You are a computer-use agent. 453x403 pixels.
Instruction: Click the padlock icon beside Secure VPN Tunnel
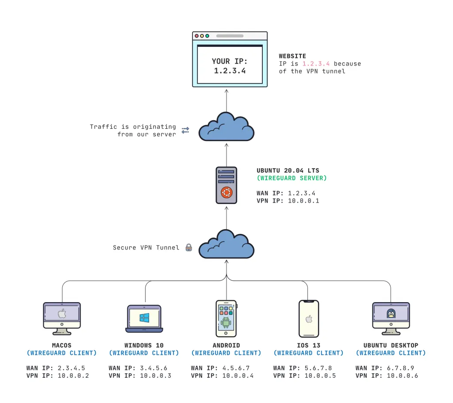[188, 248]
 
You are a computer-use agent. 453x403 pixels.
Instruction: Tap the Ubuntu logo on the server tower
[226, 193]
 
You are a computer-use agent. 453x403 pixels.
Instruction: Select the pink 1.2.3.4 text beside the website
[316, 64]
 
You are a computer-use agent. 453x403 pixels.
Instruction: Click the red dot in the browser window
[197, 36]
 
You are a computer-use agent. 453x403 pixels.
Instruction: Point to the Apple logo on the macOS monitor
[62, 314]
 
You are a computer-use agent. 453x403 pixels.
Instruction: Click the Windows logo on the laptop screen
[144, 318]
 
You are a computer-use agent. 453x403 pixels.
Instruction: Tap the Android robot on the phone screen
[226, 322]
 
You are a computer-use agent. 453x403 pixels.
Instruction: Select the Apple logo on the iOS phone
[309, 319]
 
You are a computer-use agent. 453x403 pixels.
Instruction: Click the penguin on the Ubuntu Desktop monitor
[391, 314]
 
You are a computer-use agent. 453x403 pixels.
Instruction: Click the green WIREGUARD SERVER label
[292, 178]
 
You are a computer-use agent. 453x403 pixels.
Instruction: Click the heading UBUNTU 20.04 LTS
[288, 170]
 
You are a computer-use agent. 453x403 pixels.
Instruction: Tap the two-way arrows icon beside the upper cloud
[185, 130]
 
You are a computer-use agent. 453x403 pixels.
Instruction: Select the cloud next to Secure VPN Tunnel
[226, 246]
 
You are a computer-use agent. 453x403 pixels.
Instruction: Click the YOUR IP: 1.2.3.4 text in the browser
[230, 65]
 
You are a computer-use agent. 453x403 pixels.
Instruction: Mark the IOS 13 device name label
[309, 345]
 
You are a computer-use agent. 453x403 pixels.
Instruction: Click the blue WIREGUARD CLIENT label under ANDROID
[226, 353]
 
